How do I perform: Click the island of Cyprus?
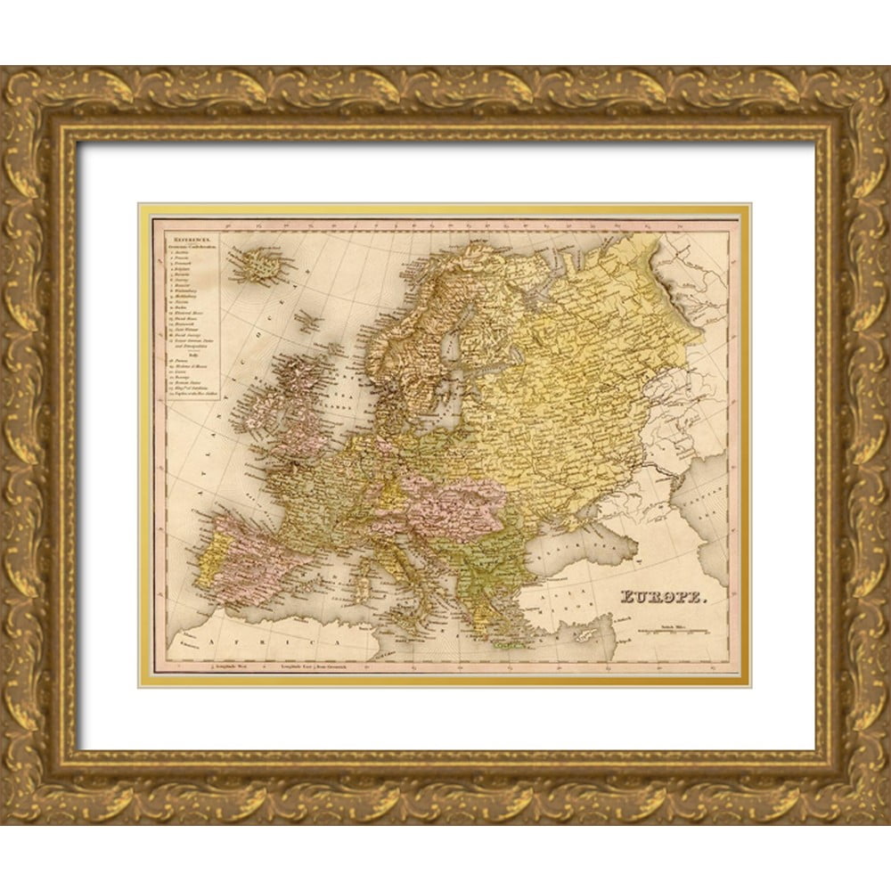click(589, 634)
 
